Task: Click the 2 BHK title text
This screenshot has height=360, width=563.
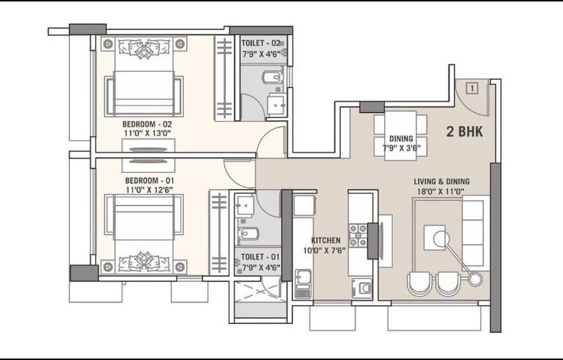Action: tap(464, 131)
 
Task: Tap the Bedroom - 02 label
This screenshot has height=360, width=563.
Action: tap(147, 125)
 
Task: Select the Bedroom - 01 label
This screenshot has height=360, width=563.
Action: tap(150, 180)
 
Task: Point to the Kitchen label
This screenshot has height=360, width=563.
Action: tap(325, 240)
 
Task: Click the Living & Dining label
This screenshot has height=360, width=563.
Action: tap(441, 181)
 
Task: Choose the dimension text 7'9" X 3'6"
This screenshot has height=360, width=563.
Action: tap(401, 147)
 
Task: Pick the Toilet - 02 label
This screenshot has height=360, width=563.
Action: tap(261, 43)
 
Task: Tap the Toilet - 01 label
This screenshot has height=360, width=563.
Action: tap(260, 257)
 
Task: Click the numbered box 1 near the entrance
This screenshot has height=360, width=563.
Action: tap(473, 88)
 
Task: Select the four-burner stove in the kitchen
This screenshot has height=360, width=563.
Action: tap(358, 235)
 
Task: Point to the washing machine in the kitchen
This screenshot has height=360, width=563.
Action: tap(362, 288)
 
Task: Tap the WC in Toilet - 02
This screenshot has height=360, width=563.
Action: tap(273, 77)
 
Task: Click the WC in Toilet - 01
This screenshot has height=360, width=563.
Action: tap(246, 234)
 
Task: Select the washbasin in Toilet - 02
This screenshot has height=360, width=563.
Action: tap(276, 105)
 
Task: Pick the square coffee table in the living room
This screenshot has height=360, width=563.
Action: tap(435, 238)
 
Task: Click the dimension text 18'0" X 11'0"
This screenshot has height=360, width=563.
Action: tap(440, 191)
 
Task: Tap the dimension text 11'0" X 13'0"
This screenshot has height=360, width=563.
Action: tap(147, 133)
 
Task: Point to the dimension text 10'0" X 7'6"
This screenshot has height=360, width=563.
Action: tap(325, 250)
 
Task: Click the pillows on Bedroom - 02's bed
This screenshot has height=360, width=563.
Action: tap(144, 48)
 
